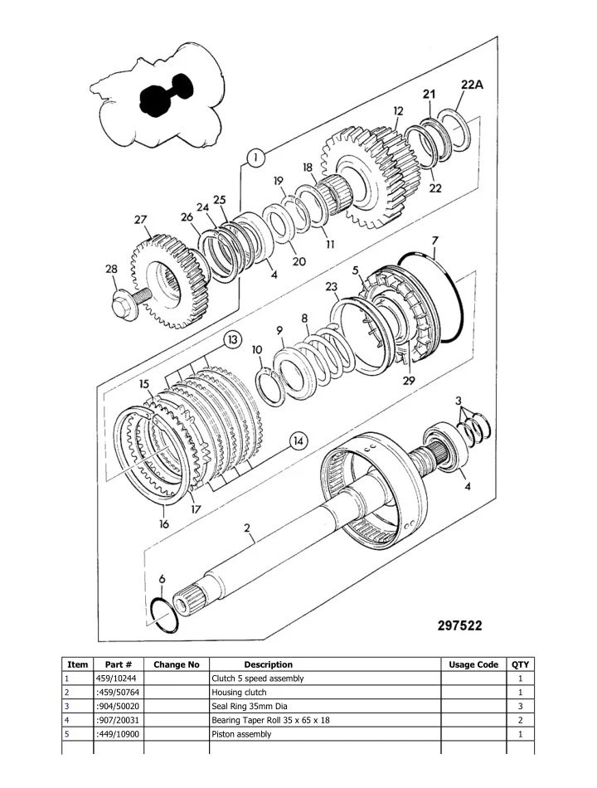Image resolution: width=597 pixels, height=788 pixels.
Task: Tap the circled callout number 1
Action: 256,157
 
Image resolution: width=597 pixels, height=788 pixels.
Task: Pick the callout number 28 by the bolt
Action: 111,269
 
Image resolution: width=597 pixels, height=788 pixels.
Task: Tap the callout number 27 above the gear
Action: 142,221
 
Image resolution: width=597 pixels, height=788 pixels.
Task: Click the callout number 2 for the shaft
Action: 247,528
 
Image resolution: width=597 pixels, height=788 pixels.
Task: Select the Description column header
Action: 268,664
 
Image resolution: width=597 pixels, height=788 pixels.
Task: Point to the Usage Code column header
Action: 473,664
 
